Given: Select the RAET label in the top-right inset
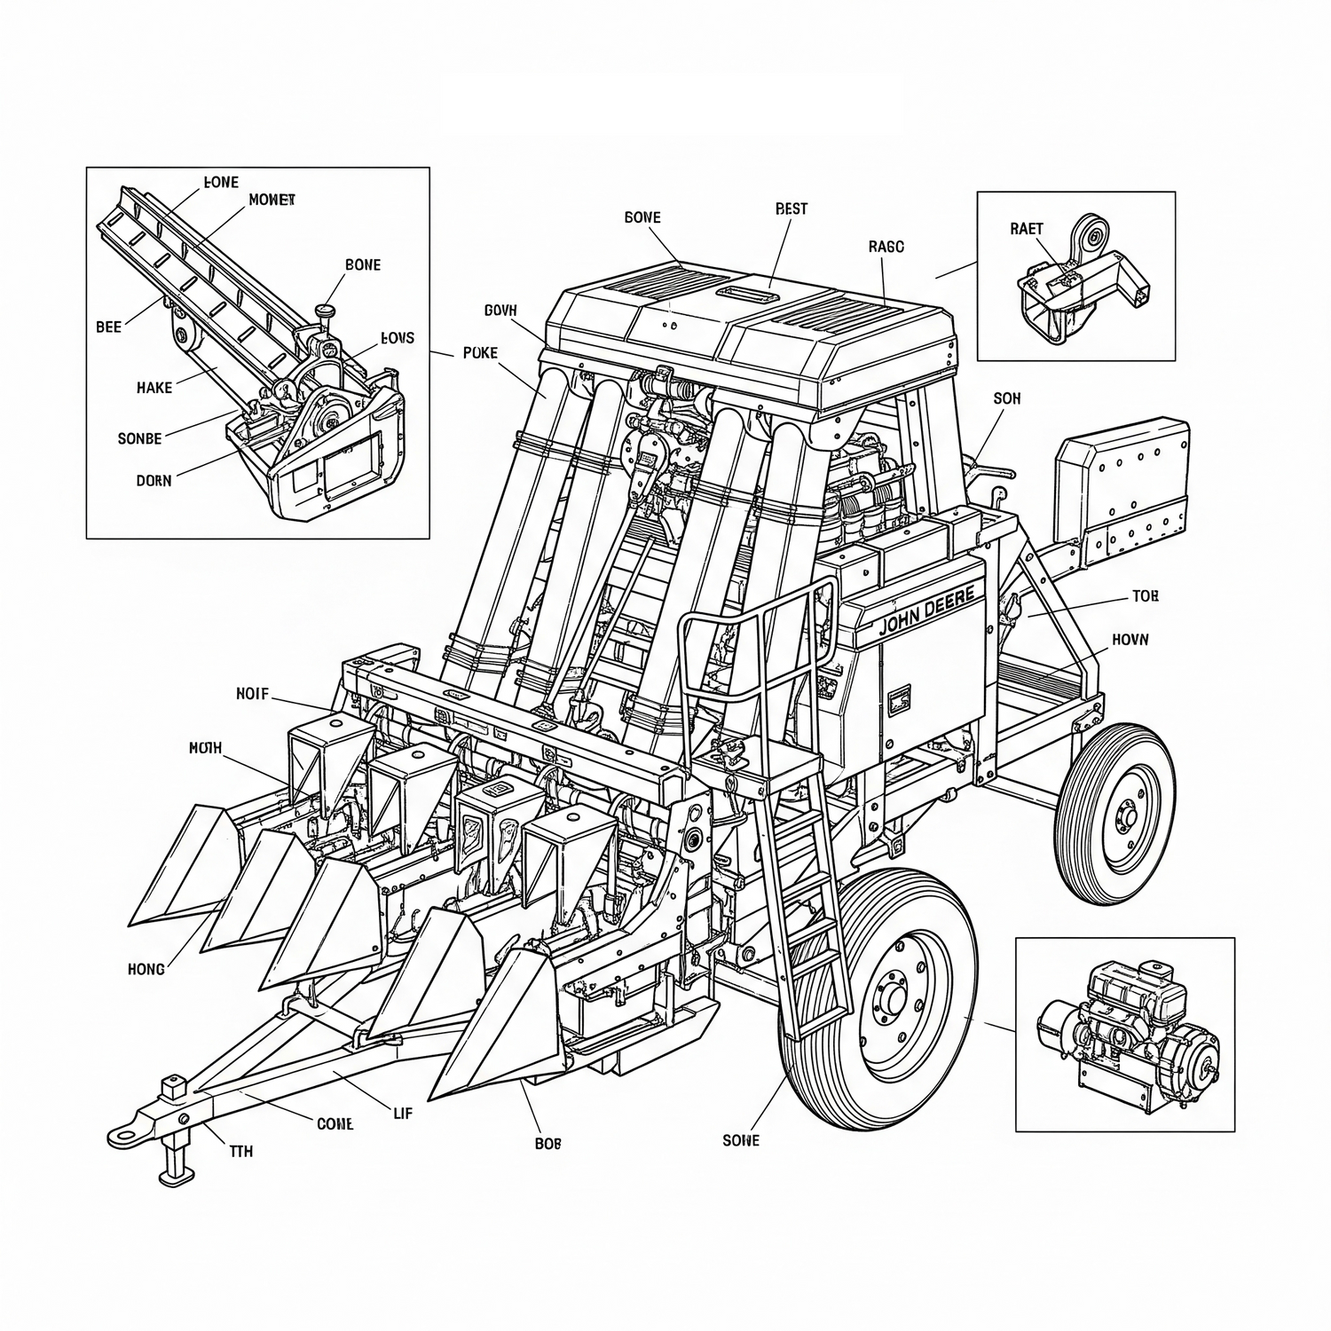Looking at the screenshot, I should pos(1027,228).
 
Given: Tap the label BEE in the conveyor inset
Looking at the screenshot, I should pos(108,327).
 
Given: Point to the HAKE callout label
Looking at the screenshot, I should pos(154,388).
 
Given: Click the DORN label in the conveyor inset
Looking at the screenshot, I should pos(154,481).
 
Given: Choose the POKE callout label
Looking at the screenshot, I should pos(481,353).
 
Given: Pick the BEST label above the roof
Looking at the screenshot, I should pos(792,209).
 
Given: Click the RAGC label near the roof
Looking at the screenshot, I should pos(886,248).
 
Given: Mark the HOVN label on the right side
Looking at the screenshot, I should pos(1130,639).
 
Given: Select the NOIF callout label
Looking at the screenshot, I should pos(252,694).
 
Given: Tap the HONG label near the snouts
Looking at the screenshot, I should pos(146,969).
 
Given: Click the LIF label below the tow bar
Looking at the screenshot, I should pos(402,1113).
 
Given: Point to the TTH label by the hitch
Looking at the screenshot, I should pos(241,1151).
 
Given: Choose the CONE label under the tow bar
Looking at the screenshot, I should pos(335,1124).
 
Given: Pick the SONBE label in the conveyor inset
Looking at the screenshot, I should pos(140,438).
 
